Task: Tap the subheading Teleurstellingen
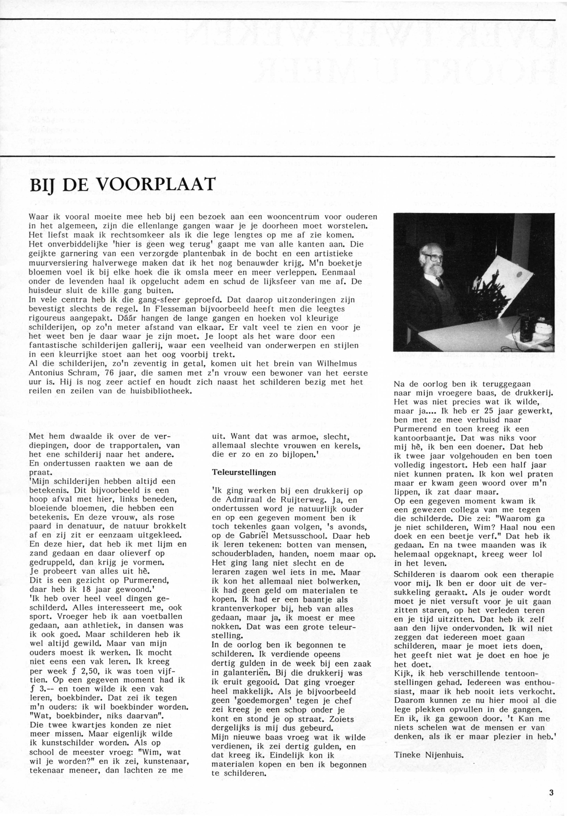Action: coord(244,472)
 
